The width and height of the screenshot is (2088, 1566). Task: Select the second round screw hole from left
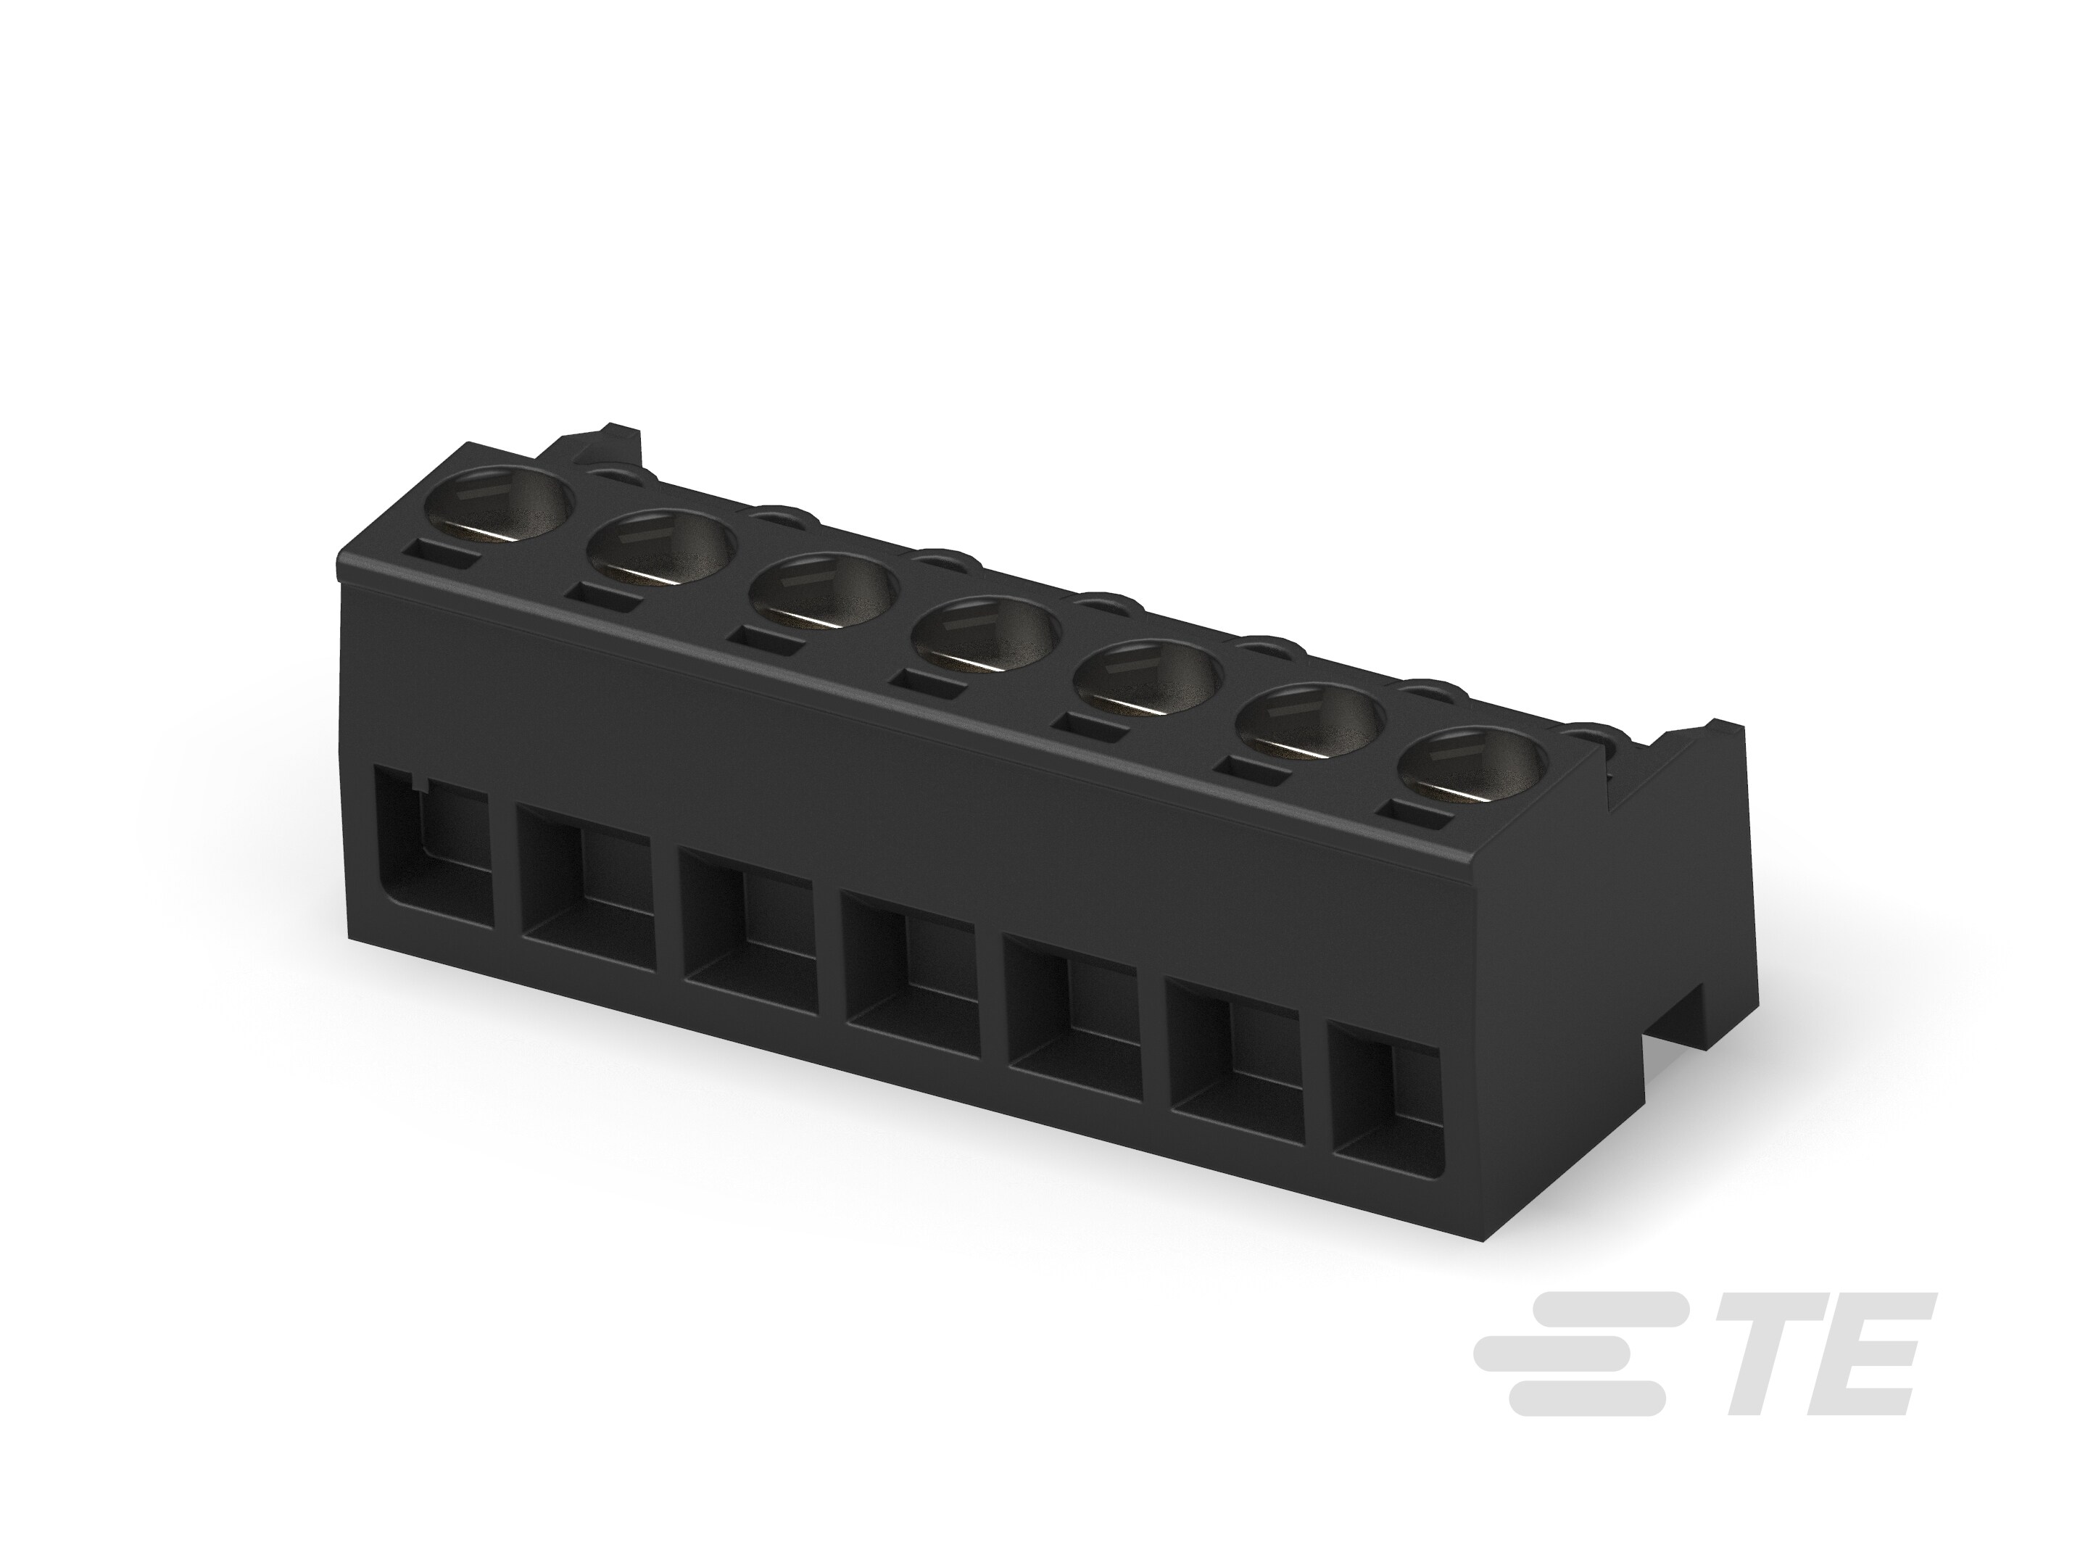(662, 550)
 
